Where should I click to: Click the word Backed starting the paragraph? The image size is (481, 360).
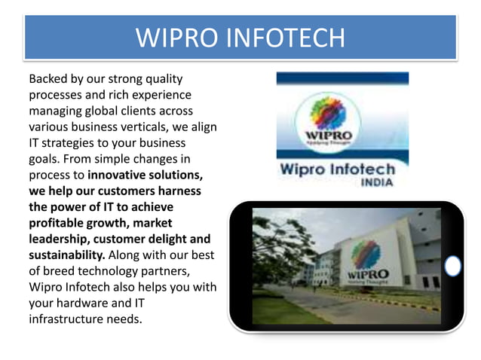[47, 78]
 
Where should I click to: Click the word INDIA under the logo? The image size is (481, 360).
[378, 182]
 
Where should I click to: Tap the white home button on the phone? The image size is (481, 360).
[452, 266]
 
